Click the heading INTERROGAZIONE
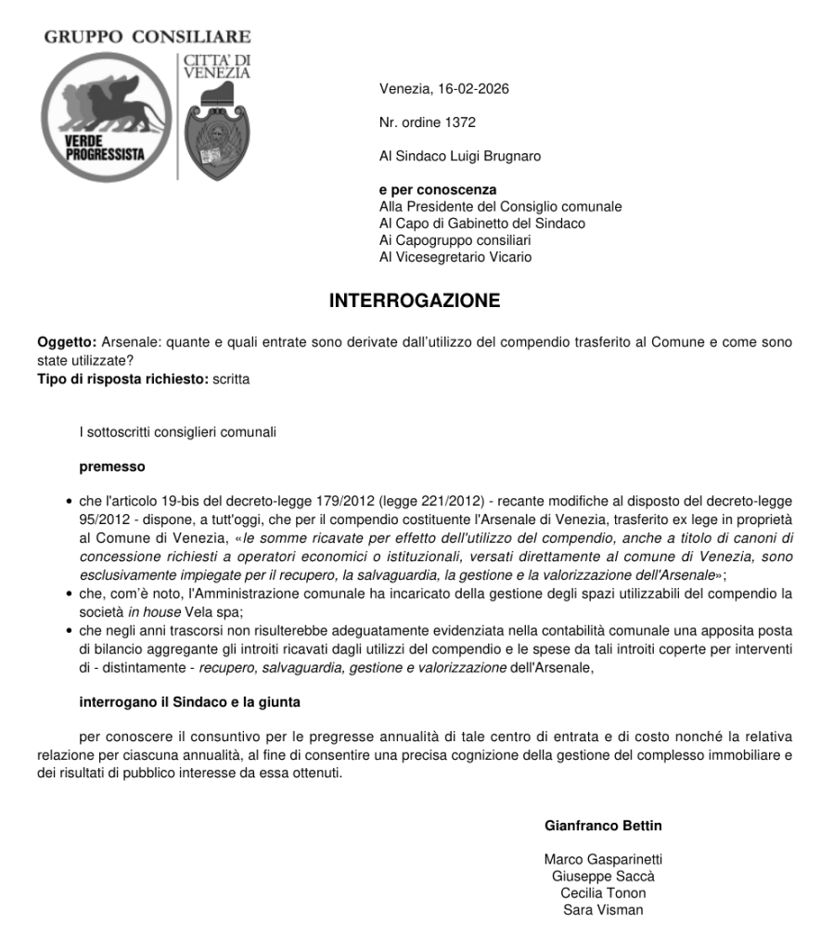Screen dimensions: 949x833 (x=415, y=301)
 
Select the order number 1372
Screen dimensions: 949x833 (x=460, y=122)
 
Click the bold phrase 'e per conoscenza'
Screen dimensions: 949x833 (x=438, y=190)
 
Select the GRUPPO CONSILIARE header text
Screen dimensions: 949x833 (x=147, y=37)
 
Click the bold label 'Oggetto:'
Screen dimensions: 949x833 (x=67, y=342)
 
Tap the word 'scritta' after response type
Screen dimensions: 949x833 (x=232, y=378)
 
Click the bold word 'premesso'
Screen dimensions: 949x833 (x=112, y=467)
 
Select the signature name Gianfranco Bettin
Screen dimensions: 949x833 (x=603, y=826)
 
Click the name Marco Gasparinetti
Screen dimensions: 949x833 (x=603, y=859)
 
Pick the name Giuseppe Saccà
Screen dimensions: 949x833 (x=603, y=876)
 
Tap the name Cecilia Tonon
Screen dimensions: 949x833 (x=603, y=892)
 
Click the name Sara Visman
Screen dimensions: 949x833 (x=603, y=909)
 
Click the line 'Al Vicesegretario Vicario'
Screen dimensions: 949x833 (x=455, y=257)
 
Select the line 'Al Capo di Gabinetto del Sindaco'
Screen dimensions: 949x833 (x=482, y=224)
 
